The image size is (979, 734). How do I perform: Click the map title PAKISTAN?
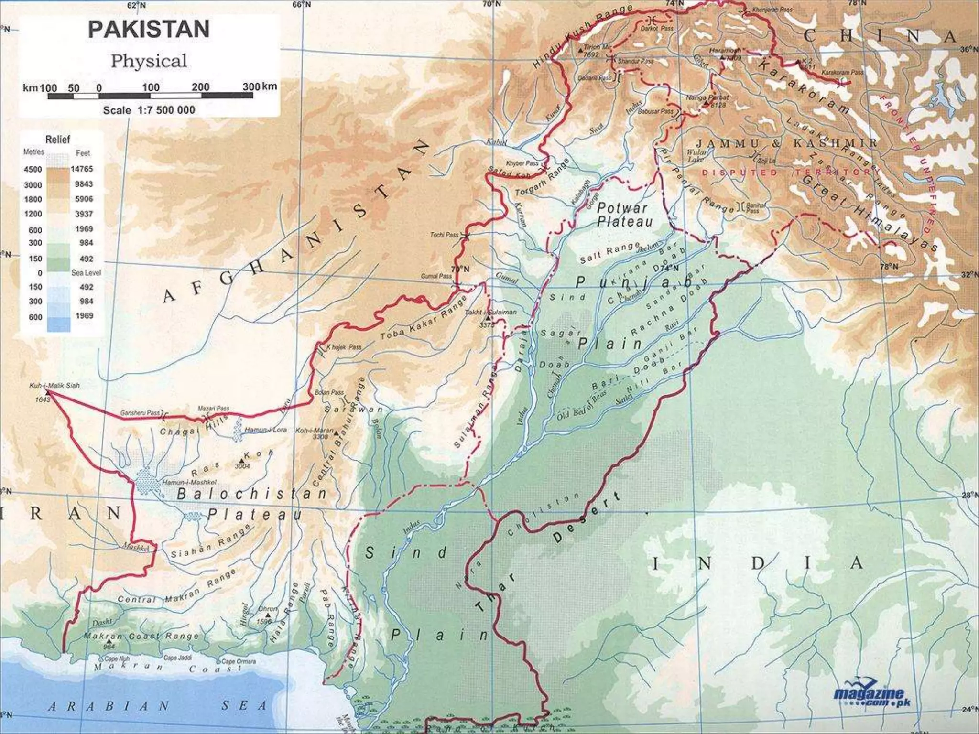coord(149,29)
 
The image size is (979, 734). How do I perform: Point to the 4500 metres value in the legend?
coord(33,169)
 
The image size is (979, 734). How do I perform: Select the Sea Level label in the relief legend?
coord(86,273)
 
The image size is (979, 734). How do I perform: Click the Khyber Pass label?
coord(522,163)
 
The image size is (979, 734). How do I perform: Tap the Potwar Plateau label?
coord(624,215)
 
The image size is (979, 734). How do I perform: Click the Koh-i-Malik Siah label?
coord(54,385)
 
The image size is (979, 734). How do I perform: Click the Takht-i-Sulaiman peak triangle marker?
coord(487,318)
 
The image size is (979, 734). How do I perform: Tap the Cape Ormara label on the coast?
coord(239,662)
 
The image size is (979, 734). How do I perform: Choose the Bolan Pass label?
coord(329,392)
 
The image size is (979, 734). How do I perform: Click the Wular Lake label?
coord(696,156)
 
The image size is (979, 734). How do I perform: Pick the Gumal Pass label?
coord(436,276)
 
